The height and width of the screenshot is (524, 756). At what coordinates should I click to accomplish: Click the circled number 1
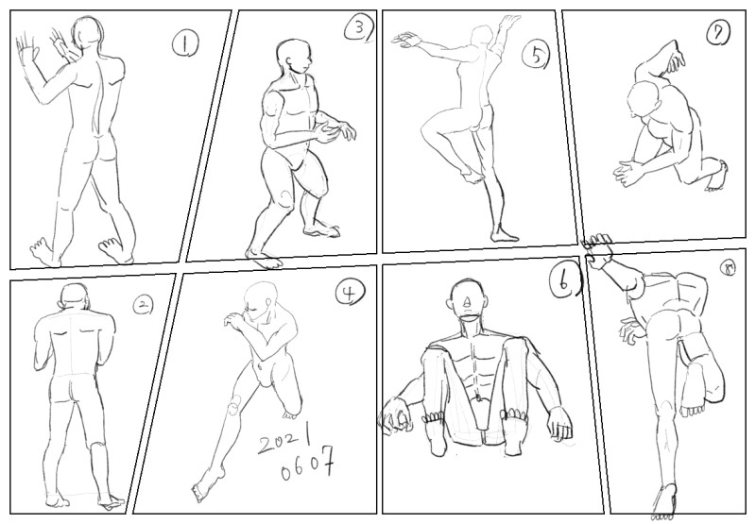[185, 44]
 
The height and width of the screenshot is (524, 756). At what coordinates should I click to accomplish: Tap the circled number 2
[143, 305]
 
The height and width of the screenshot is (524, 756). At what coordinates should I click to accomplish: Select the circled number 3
[358, 29]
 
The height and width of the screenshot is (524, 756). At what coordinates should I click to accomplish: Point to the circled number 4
[350, 293]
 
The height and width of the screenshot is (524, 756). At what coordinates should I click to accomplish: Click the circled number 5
[535, 55]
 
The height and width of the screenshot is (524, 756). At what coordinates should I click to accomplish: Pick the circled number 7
[717, 34]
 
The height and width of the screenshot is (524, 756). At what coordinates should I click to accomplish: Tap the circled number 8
[728, 271]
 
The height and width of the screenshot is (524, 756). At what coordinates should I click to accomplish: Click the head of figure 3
[295, 57]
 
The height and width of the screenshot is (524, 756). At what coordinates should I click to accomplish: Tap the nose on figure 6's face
[467, 302]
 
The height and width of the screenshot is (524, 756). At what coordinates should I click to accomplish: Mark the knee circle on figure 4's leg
[234, 403]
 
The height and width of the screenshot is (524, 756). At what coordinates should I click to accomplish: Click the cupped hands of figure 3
[335, 132]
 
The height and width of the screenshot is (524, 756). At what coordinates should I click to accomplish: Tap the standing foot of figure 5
[503, 234]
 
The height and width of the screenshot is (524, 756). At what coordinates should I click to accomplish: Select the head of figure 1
[87, 33]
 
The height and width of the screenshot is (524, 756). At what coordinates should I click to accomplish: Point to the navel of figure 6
[478, 397]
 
